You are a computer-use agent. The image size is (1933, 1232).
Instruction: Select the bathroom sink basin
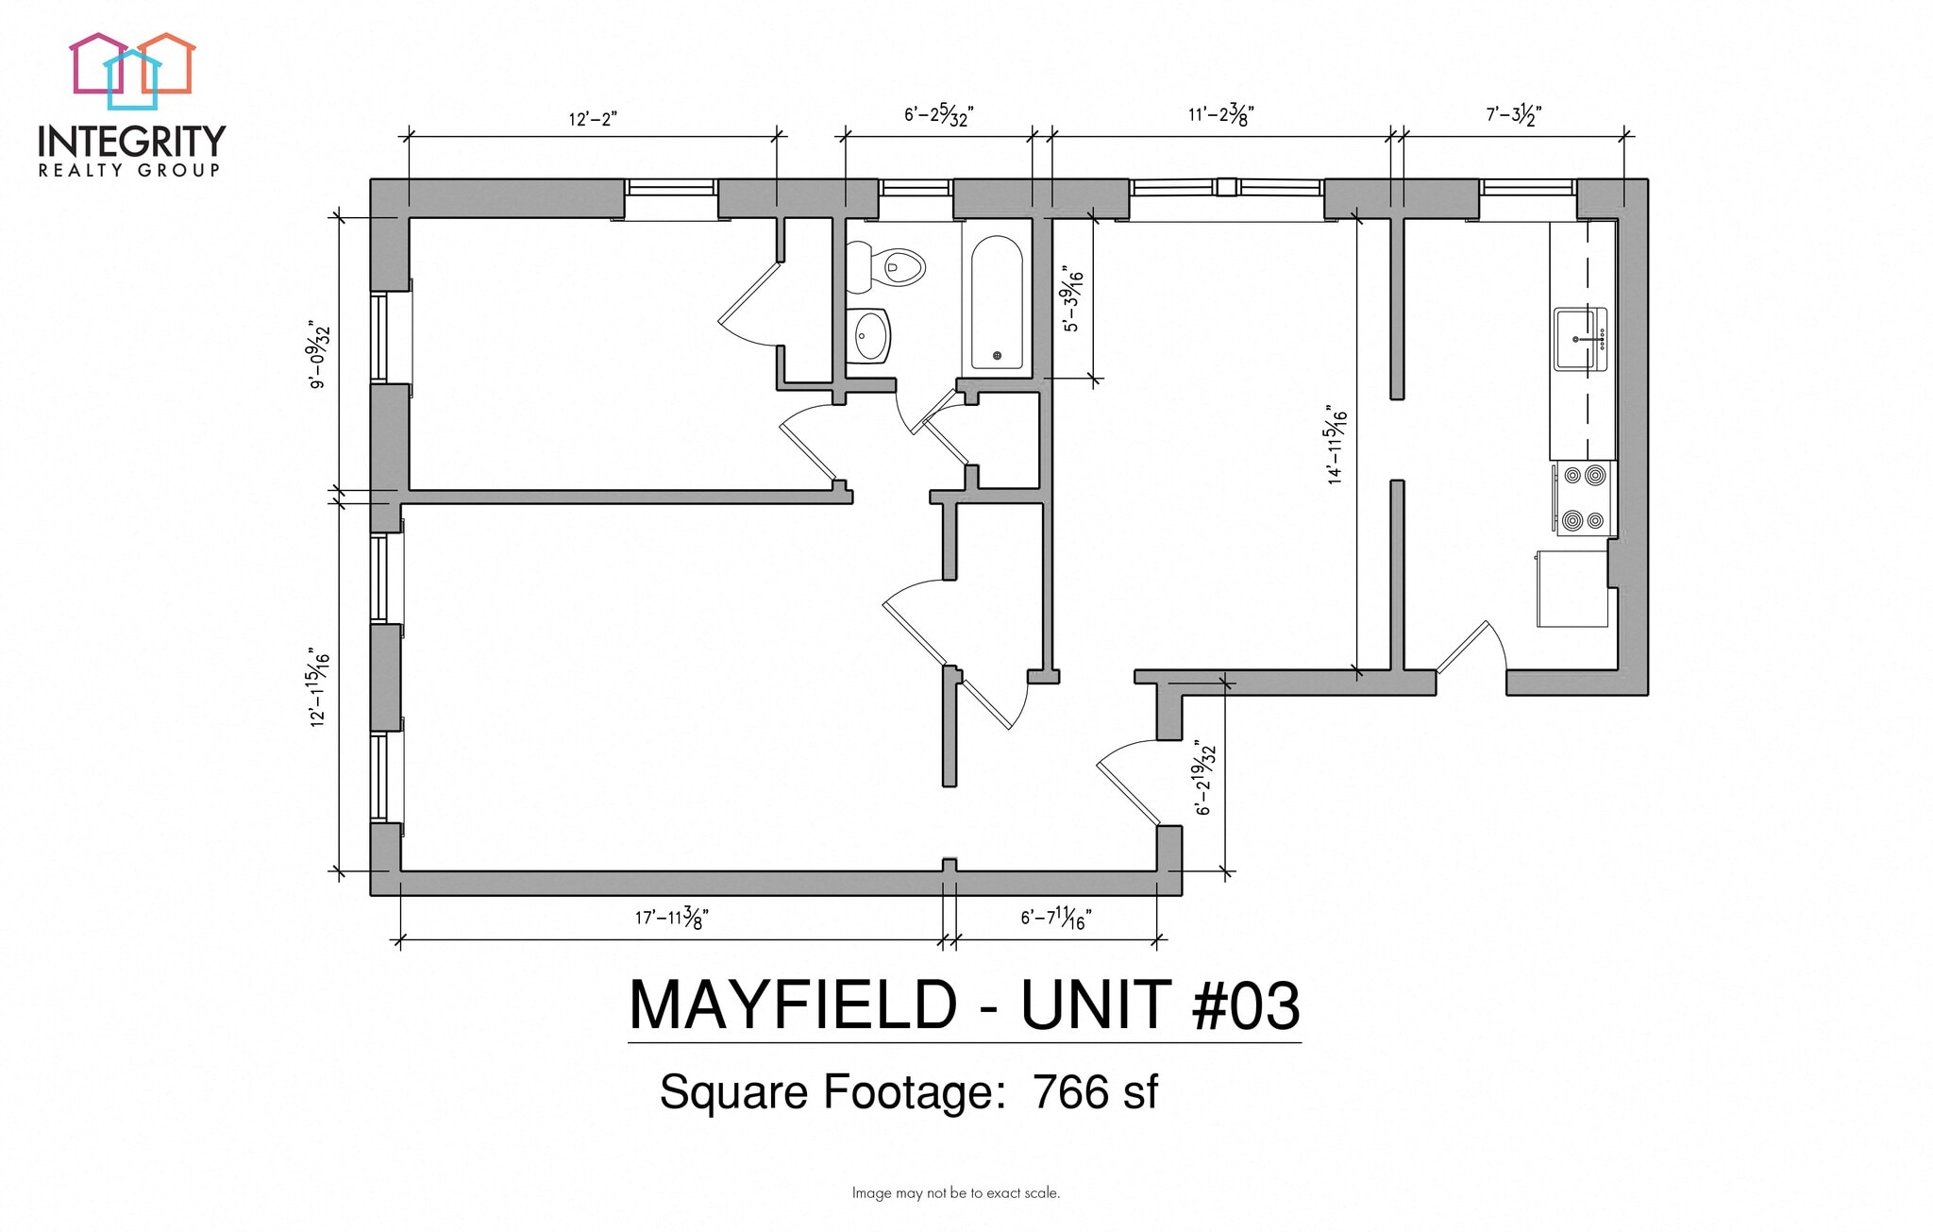(867, 335)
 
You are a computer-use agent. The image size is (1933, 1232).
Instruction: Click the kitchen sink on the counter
(1580, 339)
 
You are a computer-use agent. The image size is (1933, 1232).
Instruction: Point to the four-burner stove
(1584, 498)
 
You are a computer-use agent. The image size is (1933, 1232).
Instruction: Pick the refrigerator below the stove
(1572, 589)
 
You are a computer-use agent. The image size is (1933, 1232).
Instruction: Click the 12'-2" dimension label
(592, 119)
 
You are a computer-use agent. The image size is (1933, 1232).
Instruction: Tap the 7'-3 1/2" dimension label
(1513, 115)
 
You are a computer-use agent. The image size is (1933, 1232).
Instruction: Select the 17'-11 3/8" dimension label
(671, 917)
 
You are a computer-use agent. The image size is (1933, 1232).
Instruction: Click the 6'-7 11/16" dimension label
(1056, 917)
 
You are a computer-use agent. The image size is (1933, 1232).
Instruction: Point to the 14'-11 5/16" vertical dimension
(1336, 446)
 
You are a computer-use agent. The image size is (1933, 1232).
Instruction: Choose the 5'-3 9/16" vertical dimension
(1073, 300)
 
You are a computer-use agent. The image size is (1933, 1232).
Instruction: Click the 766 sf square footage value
(1095, 1092)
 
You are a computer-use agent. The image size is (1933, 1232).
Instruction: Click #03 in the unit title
(1245, 1005)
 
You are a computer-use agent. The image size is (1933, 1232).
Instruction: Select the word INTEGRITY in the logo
(131, 142)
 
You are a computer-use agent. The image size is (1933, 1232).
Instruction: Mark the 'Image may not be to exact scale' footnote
(955, 1193)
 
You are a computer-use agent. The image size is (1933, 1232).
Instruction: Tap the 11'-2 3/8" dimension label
(1219, 115)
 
